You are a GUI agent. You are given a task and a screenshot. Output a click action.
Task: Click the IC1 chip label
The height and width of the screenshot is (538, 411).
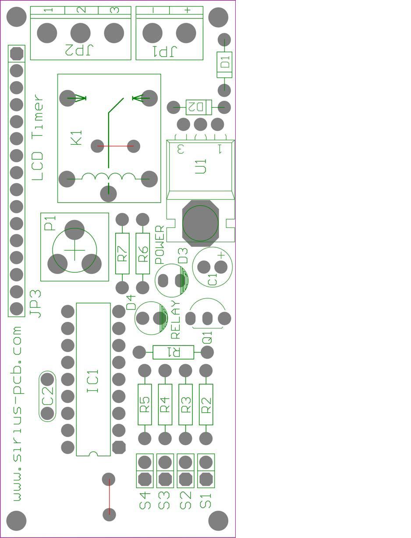click(93, 381)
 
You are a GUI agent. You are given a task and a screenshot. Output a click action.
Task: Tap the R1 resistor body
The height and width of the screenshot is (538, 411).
click(173, 352)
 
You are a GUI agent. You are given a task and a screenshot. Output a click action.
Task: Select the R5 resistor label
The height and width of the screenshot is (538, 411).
click(145, 404)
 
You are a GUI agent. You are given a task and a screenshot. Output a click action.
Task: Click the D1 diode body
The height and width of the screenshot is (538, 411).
click(225, 64)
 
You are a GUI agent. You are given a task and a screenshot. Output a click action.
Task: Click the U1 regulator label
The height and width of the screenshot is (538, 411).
click(201, 167)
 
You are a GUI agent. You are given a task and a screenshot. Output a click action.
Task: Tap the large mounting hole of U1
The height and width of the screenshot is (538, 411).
click(200, 223)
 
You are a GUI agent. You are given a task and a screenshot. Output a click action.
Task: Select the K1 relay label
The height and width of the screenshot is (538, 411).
click(76, 137)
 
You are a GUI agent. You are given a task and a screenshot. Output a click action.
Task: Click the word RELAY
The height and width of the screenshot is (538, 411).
click(175, 320)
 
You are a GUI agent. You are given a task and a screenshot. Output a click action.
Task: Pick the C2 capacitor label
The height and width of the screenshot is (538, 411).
click(47, 396)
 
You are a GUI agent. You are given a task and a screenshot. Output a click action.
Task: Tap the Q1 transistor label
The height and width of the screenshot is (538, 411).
click(207, 338)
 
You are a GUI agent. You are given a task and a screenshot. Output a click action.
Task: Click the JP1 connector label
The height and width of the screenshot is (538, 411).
click(164, 51)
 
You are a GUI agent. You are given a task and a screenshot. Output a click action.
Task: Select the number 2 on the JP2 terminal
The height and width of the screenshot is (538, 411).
click(81, 10)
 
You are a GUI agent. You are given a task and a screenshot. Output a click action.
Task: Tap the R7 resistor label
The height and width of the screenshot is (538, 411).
click(122, 253)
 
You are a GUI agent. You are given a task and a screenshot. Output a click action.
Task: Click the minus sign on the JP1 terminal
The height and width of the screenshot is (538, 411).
click(153, 10)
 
